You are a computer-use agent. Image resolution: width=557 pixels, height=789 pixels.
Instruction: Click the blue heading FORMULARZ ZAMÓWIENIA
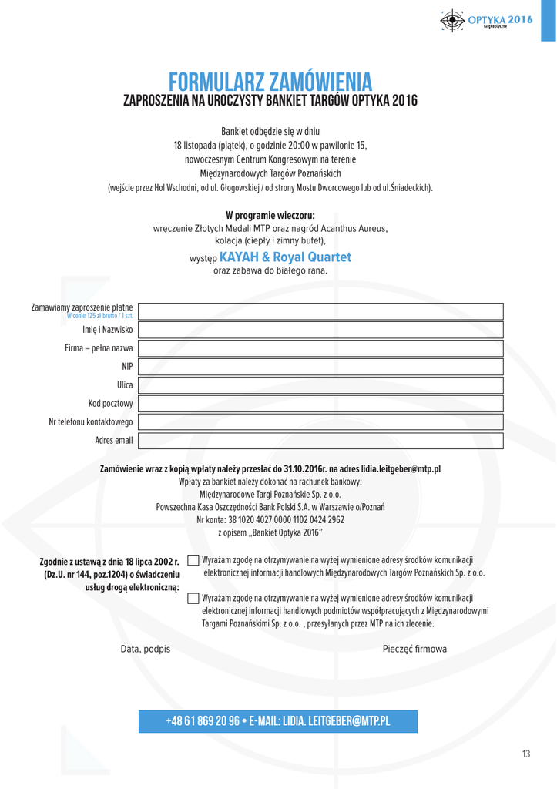(271, 80)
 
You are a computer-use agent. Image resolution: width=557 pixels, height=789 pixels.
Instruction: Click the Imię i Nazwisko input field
(320, 330)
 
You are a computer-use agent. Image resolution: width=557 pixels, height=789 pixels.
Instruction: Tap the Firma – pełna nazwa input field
(320, 348)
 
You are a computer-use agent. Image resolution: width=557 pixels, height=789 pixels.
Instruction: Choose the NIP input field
(320, 367)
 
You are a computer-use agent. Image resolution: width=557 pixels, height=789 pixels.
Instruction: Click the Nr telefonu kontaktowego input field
(320, 421)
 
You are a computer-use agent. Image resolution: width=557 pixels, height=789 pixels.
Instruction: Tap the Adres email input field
(320, 440)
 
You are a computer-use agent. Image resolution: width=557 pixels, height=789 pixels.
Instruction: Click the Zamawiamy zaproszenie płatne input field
(320, 311)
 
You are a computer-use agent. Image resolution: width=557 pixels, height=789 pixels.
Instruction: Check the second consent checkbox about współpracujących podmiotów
(193, 597)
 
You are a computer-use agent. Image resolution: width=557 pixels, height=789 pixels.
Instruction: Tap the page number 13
(526, 754)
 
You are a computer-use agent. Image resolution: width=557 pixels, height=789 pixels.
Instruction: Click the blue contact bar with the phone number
(278, 721)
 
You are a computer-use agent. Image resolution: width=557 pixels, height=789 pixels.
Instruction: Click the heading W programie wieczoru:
(270, 215)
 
